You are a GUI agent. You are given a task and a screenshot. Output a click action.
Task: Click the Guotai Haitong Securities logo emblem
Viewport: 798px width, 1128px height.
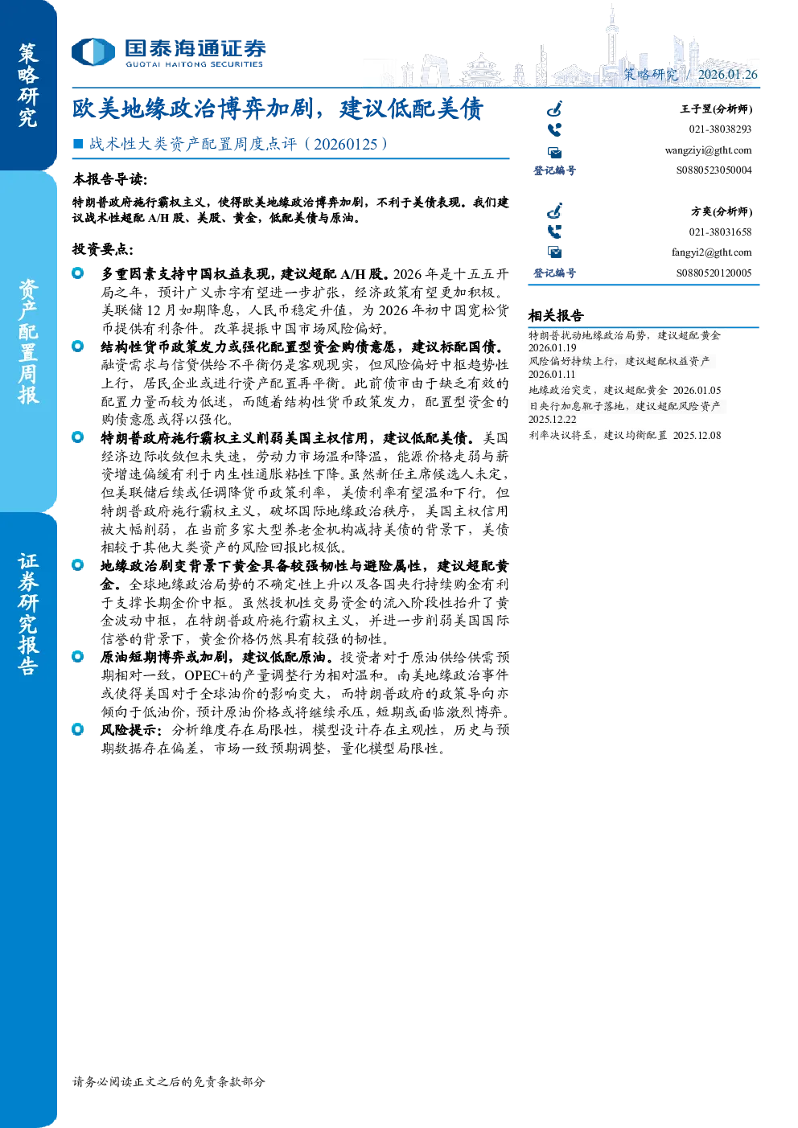point(93,52)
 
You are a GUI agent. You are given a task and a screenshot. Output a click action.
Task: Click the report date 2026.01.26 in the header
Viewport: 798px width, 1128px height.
point(727,75)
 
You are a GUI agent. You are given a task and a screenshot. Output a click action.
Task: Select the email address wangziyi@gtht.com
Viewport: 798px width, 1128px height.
point(708,150)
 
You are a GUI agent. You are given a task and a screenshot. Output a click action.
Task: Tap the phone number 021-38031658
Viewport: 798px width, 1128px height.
point(720,232)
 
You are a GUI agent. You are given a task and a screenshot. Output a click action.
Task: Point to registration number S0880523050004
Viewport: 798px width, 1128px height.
point(714,170)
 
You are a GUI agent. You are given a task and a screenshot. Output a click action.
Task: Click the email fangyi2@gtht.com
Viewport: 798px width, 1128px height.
point(711,252)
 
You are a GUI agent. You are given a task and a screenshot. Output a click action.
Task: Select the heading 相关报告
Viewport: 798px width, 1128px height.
point(556,316)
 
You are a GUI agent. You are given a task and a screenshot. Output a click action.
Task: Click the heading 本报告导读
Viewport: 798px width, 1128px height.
point(110,178)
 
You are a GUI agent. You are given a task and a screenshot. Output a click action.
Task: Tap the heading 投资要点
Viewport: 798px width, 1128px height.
point(103,248)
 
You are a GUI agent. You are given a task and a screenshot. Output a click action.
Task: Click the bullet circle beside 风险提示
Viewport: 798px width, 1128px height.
point(77,729)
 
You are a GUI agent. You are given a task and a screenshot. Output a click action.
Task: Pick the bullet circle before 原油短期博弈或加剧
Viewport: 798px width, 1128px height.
point(77,657)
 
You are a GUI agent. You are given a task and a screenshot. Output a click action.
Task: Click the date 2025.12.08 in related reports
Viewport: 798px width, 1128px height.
point(697,435)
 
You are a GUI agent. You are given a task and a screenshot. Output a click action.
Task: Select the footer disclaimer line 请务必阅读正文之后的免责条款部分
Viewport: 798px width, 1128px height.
point(169,1081)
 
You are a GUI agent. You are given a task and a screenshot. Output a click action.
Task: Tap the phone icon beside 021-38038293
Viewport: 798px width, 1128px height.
point(554,130)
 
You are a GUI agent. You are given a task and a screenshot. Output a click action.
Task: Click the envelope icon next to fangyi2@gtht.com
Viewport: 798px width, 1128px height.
point(554,252)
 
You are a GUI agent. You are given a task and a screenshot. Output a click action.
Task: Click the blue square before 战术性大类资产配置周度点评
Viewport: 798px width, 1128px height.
point(78,144)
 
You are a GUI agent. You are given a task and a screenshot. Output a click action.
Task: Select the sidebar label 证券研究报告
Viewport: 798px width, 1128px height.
point(28,614)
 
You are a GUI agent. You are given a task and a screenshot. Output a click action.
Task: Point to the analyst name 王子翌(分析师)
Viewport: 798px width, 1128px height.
point(716,109)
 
